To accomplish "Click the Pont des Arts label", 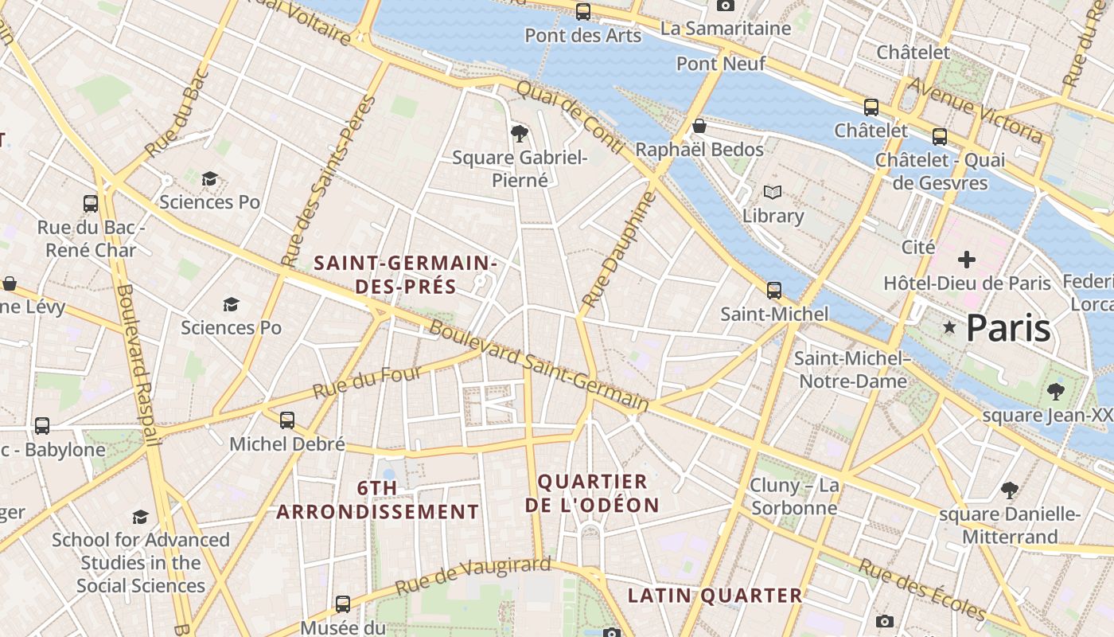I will (x=582, y=36).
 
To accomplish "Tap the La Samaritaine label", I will (x=726, y=29).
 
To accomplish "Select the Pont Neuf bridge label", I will (x=721, y=64).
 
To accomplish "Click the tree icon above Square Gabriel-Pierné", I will (x=520, y=132).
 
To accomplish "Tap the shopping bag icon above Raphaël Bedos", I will (x=699, y=126).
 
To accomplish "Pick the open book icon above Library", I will (x=773, y=192).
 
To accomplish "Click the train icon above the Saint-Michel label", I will (x=774, y=290).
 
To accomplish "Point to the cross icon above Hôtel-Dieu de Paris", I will (x=967, y=260).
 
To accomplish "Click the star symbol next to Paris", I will (x=949, y=327).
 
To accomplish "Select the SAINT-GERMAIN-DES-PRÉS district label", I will (x=406, y=275).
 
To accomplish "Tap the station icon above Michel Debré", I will (x=287, y=420).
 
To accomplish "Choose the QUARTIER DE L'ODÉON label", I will (x=593, y=493).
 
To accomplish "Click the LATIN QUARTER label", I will (x=715, y=596).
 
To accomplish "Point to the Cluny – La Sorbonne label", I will (x=794, y=497).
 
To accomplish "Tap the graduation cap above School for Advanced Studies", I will (x=141, y=517).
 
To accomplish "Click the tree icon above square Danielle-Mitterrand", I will (x=1010, y=490).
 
